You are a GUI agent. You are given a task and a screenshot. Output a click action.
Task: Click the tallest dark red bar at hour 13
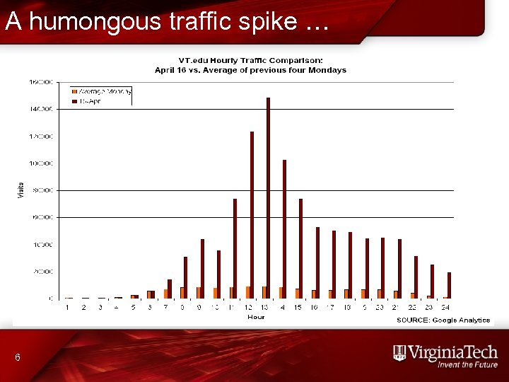pos(268,198)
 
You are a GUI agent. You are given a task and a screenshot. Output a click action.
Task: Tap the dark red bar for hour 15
pos(300,248)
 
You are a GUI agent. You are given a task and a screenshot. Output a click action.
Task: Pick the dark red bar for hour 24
pos(449,285)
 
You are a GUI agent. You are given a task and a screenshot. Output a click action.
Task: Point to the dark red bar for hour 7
pos(170,289)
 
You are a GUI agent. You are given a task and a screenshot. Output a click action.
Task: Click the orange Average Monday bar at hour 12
pos(247,292)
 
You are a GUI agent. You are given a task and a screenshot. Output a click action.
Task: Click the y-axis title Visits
pos(20,190)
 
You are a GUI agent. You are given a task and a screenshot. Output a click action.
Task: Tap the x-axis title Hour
pos(256,317)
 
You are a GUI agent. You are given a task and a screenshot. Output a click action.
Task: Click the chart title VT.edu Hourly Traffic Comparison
pos(251,62)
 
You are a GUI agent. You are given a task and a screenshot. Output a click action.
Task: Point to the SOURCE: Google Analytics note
pos(443,320)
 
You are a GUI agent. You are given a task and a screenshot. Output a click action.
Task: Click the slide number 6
pos(18,359)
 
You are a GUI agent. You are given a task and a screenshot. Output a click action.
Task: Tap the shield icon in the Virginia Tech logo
pos(399,353)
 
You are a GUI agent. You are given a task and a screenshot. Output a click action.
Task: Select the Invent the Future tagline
pos(467,365)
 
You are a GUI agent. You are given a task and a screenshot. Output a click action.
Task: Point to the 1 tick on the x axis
pos(67,308)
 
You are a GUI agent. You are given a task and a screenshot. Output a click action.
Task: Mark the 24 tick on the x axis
pos(445,308)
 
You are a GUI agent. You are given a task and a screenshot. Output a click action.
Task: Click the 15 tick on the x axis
pos(298,308)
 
